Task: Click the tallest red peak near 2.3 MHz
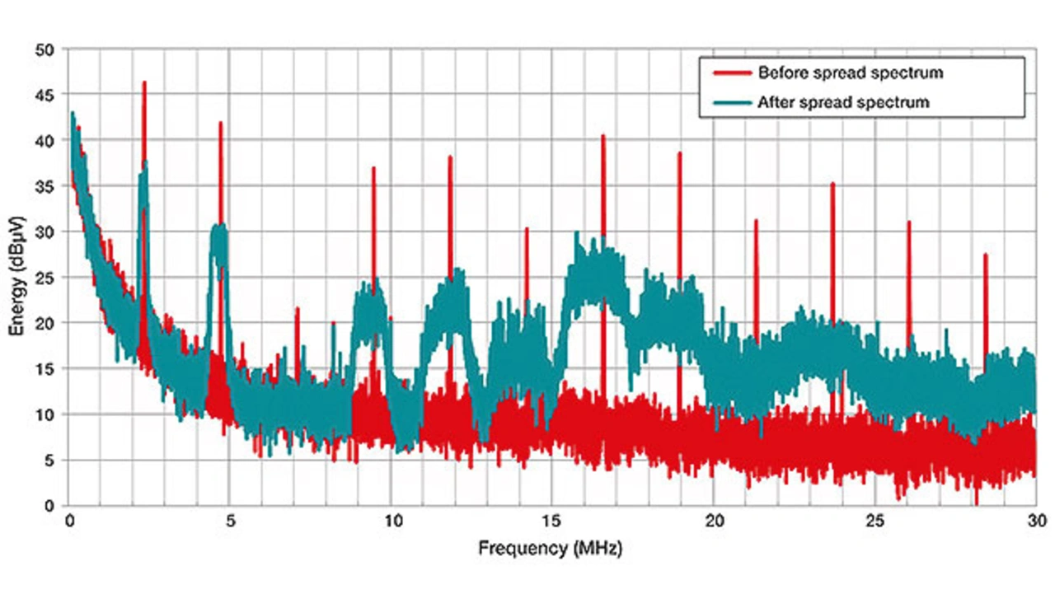144,82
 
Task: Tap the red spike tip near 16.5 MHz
603,136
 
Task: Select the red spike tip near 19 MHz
680,153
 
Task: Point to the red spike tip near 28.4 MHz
986,255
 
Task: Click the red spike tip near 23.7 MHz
832,184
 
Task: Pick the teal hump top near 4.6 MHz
219,226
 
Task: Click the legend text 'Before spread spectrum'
850,73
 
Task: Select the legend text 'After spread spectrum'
843,102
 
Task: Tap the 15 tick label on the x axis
551,522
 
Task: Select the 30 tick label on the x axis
1036,522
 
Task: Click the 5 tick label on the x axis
230,522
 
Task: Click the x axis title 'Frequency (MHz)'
551,547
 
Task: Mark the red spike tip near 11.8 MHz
450,157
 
